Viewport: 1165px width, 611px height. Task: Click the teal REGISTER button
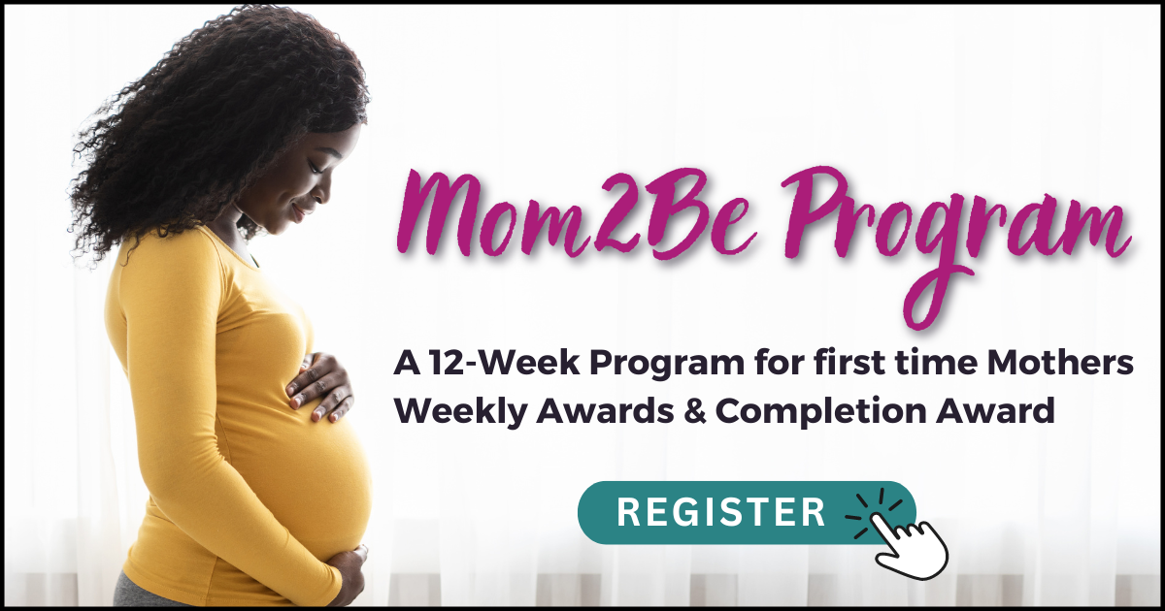pos(723,511)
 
